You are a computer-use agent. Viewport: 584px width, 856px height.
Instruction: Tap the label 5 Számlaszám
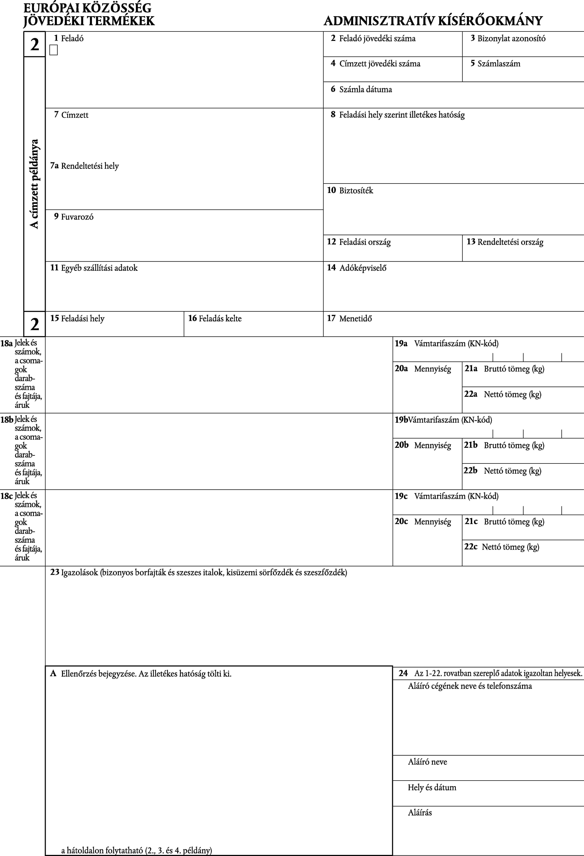(495, 64)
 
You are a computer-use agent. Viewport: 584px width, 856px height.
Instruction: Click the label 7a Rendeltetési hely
(85, 166)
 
